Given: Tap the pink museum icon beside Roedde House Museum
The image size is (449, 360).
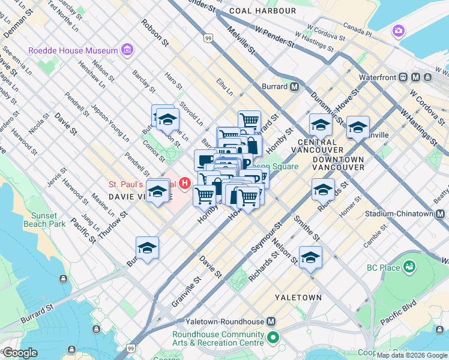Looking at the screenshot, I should pos(127,50).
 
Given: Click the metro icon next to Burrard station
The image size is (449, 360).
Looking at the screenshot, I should pos(294,86).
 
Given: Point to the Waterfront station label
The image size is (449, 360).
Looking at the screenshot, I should pos(384,77).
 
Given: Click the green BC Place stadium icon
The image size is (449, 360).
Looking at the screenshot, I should pos(409,266).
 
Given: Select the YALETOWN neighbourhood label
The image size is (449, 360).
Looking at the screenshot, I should pos(298,297).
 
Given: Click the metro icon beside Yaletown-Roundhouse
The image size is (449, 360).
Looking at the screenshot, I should pos(271,321).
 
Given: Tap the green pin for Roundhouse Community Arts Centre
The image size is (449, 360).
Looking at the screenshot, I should pos(274,338).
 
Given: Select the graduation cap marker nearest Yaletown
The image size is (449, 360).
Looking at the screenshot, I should pos(310,257).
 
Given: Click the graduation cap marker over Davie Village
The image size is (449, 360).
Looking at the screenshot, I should pos(157,192).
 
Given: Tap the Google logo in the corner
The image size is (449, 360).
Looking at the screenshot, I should pos(20,353).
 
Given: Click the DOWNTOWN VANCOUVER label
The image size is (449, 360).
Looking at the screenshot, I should pos(337,163).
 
